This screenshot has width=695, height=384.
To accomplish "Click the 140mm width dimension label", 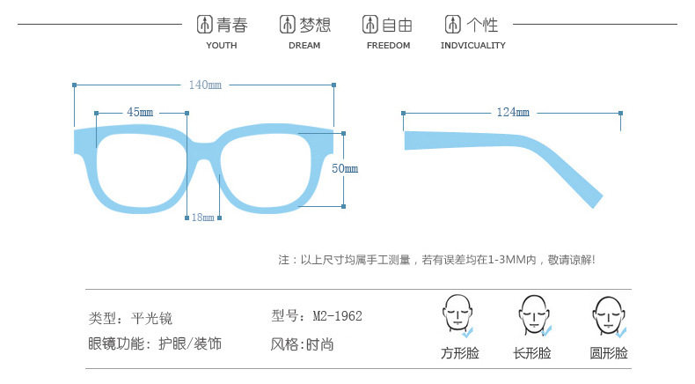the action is point(204,85).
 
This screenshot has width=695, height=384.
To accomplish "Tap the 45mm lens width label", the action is point(140,112).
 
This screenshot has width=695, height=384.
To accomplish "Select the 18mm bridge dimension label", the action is point(202,218).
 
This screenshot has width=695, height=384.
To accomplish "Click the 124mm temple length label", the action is point(513,113).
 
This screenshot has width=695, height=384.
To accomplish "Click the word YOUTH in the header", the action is point(222,46).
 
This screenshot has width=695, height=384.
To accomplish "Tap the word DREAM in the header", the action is point(304,46).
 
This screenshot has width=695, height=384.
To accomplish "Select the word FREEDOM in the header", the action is point(388,46).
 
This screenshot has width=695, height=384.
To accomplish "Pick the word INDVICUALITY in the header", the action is point(473,46).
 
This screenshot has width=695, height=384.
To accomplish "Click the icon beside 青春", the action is point(203,25).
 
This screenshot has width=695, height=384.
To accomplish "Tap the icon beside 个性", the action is point(452,25).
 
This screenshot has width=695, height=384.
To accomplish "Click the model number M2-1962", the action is point(338,315).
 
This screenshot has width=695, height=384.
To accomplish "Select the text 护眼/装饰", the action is point(189,343).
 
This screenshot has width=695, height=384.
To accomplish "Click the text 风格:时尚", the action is point(302,343).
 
